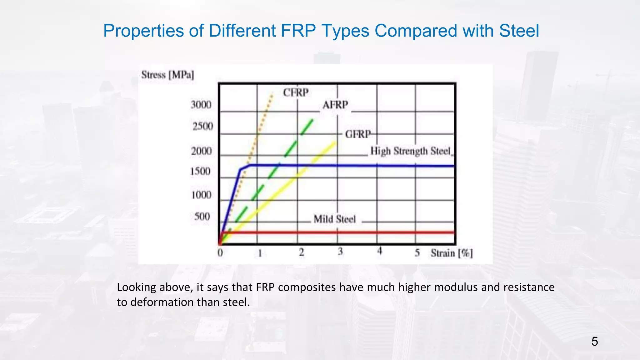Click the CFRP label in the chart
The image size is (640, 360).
coord(296,92)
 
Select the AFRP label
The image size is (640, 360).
coord(335,105)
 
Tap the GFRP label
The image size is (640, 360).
coord(358,134)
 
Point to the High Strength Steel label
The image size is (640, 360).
coord(411,151)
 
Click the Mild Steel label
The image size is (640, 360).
coord(335,219)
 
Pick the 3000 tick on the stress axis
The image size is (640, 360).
coord(201,105)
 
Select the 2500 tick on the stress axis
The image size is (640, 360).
coord(202,126)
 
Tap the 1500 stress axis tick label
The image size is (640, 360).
coord(201,171)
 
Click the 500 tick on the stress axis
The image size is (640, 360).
coord(202,216)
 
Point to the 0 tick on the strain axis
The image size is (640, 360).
coord(220,252)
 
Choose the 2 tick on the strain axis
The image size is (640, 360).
coord(301,252)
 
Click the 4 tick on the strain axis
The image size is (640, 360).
coord(379,251)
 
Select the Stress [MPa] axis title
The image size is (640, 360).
coord(167,75)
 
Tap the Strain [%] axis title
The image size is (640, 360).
coord(452,253)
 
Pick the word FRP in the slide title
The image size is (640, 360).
coord(299,31)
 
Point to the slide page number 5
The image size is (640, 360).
coord(594,342)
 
